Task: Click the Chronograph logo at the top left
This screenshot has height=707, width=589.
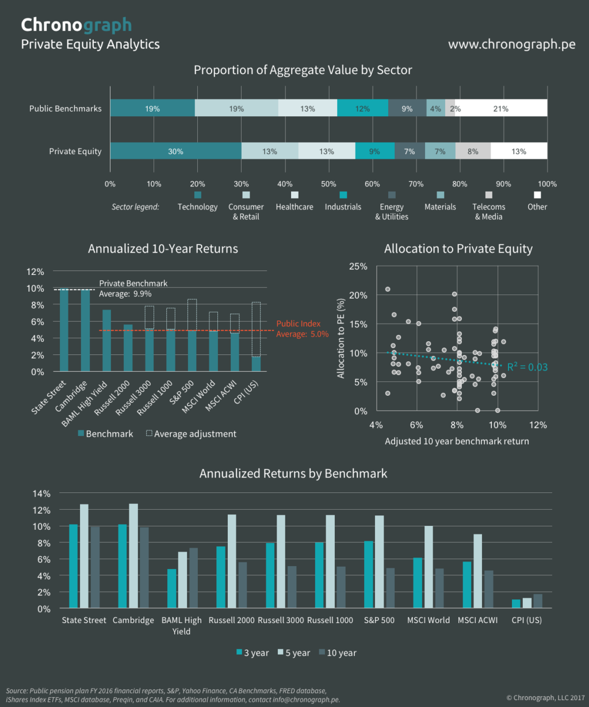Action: tap(76, 25)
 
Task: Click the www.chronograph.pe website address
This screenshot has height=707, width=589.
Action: tap(511, 45)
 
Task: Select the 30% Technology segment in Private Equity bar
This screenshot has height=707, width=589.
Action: tap(175, 151)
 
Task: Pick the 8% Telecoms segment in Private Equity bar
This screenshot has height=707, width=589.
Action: tap(473, 151)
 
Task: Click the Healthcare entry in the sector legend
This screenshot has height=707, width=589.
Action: tap(294, 207)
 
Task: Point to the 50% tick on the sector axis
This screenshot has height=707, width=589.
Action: tap(328, 184)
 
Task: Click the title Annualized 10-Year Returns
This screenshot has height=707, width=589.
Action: tap(163, 249)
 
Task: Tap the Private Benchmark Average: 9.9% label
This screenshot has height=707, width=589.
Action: tap(133, 288)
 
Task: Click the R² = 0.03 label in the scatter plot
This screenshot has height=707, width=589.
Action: tap(527, 367)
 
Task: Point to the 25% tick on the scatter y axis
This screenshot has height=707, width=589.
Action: tap(358, 266)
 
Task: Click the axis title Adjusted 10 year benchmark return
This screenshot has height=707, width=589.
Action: tap(457, 441)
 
